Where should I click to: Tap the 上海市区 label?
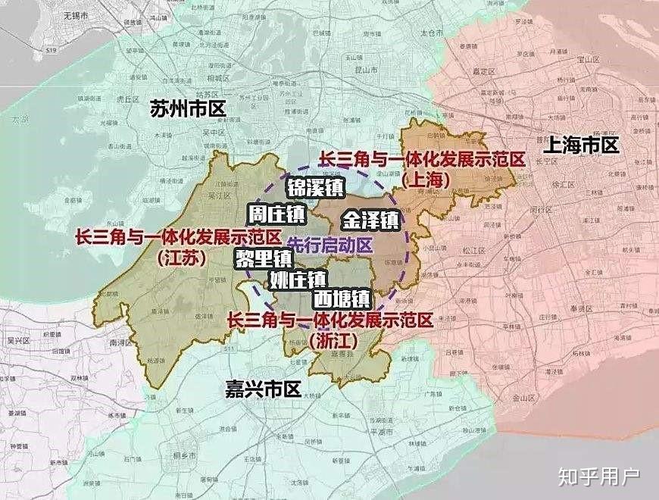pyautogui.click(x=581, y=145)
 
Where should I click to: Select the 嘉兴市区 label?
pyautogui.click(x=263, y=389)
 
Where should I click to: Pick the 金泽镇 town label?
pyautogui.click(x=370, y=220)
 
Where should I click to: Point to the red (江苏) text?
pyautogui.click(x=183, y=258)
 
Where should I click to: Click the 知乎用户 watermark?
pyautogui.click(x=599, y=476)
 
